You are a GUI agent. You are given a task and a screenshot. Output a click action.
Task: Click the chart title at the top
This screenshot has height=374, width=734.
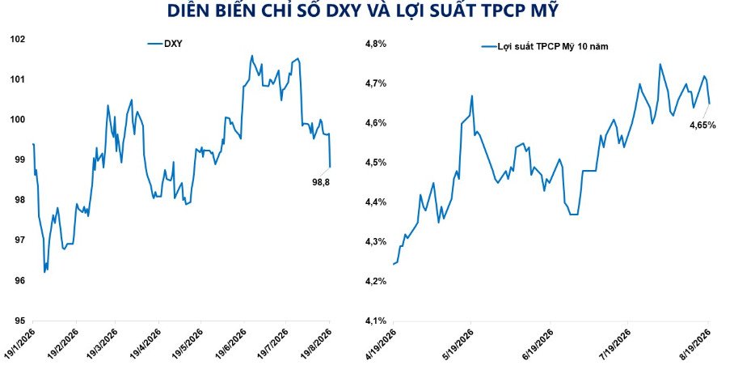363,11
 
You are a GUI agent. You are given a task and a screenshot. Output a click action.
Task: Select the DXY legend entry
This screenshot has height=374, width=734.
165,44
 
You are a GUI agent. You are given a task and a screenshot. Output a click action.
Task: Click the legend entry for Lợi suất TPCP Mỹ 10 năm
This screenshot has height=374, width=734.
546,46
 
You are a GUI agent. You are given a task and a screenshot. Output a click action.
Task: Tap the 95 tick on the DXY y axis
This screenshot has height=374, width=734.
19,321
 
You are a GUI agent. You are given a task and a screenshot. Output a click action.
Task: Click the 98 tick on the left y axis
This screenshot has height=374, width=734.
19,200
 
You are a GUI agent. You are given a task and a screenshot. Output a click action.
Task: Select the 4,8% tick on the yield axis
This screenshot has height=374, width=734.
375,44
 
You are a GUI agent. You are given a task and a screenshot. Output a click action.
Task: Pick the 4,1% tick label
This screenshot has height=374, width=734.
375,321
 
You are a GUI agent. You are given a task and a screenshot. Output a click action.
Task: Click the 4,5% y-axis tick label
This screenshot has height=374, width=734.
375,163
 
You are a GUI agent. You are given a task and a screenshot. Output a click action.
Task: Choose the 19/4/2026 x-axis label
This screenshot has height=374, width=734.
146,344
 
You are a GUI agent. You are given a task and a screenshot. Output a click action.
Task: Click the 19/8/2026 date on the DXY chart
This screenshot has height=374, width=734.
317,344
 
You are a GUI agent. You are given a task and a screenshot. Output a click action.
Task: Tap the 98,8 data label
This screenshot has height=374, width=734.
321,182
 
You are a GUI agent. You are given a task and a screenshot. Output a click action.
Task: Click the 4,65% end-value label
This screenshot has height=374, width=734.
702,125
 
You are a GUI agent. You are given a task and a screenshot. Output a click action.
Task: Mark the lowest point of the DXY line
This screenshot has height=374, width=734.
44,272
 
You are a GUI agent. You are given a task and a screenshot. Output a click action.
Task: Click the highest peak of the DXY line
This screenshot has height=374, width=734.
252,55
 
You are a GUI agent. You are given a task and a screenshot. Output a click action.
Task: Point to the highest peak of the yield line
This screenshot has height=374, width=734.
660,64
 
